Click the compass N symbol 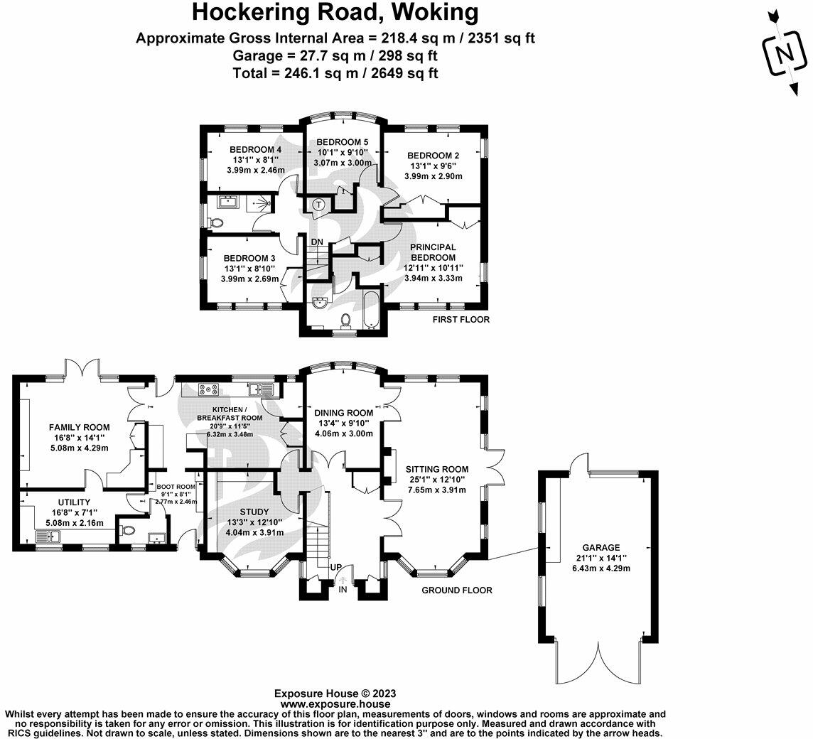coord(784,54)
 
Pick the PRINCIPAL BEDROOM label coord(433,252)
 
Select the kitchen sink coord(266,389)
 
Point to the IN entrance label coord(343,589)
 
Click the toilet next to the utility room coord(127,529)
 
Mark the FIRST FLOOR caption coord(461,320)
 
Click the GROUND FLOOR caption coord(457,590)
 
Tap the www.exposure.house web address coord(335,703)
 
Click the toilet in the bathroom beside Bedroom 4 coord(217,221)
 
